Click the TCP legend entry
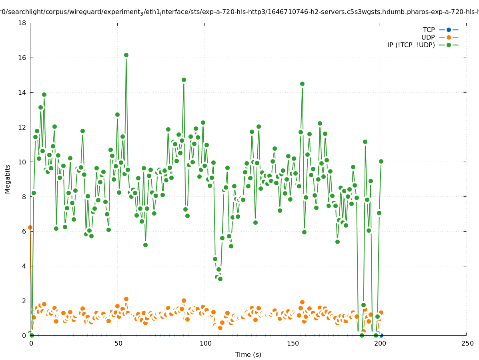click(x=429, y=30)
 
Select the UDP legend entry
click(x=428, y=37)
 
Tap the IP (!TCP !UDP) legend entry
click(x=411, y=45)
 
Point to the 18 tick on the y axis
click(x=22, y=23)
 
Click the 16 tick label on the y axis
click(x=22, y=58)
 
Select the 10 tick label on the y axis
click(x=22, y=162)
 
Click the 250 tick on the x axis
click(x=467, y=343)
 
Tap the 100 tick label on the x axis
click(x=205, y=343)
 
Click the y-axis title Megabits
click(x=8, y=179)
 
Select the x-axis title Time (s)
click(x=248, y=354)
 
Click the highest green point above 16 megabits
click(x=126, y=55)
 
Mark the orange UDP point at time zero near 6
click(x=30, y=227)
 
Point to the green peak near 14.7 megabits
click(x=184, y=80)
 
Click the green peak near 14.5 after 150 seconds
click(x=302, y=84)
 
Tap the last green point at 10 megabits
click(x=381, y=161)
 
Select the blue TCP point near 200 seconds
click(x=381, y=335)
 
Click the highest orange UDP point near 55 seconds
click(x=126, y=299)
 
